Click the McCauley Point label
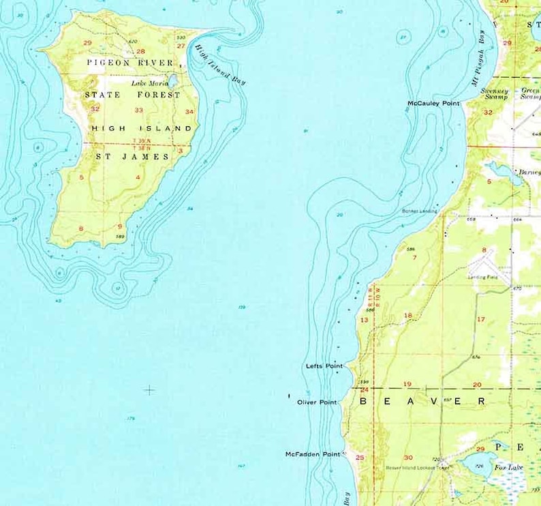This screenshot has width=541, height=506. point(433,104)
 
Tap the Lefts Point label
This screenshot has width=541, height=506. point(324,366)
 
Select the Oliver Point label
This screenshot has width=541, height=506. point(317,402)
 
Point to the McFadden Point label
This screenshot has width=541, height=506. point(312,454)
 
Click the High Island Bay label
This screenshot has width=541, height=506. point(219,65)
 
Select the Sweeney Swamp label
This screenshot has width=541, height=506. point(494,94)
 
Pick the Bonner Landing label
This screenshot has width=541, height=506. point(419,211)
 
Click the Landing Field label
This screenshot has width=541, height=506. point(482,277)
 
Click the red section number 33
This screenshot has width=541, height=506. point(139,110)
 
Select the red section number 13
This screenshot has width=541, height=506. point(364,320)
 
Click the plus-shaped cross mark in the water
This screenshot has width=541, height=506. point(149,390)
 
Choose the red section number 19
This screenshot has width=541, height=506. point(407,385)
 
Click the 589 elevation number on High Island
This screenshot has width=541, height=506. point(120,237)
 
